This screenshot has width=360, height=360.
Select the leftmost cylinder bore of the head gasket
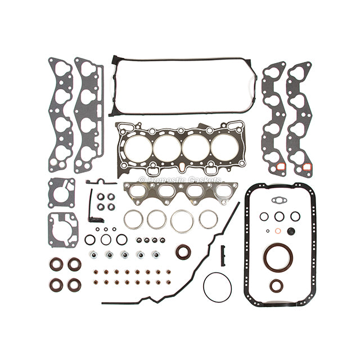136,148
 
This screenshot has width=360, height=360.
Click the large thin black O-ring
217,287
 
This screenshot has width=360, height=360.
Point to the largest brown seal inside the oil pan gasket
277,256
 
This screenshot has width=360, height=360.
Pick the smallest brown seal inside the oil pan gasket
276,286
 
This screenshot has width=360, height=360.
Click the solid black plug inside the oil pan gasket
291,231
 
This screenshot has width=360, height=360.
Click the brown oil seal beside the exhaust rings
183,251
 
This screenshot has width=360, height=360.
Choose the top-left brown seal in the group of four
56,264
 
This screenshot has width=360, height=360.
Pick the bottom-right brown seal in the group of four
74,284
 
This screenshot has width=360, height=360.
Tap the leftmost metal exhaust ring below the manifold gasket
133,220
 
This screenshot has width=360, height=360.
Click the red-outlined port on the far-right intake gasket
307,167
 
